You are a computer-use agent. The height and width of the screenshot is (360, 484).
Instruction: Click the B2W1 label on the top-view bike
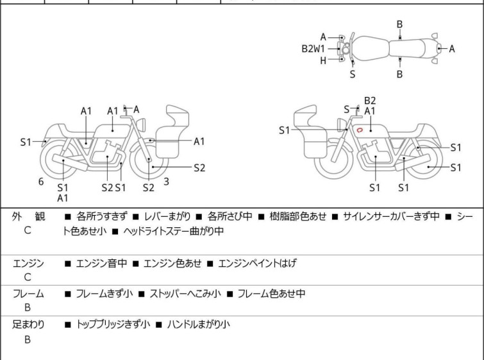pos(313,49)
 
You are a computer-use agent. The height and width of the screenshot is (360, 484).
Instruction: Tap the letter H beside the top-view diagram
pos(323,61)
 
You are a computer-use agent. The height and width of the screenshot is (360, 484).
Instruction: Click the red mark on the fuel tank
pos(359,130)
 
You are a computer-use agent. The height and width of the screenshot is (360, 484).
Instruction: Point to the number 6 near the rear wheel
pos(41,182)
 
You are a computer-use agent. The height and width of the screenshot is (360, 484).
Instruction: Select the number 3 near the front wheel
pos(167,182)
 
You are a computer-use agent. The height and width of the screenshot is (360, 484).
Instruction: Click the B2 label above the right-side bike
pos(370,101)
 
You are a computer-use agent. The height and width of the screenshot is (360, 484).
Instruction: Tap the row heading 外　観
pos(28,216)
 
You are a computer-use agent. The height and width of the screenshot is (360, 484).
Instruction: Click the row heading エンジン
pos(28,263)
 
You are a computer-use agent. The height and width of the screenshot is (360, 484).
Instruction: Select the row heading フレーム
pos(28,293)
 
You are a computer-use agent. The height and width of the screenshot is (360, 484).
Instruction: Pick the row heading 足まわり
pos(28,325)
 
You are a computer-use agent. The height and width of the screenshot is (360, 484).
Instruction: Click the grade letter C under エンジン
pos(28,277)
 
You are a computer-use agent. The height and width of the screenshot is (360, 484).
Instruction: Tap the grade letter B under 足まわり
pos(28,339)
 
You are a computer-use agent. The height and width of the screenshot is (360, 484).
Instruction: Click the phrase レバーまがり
pos(167,216)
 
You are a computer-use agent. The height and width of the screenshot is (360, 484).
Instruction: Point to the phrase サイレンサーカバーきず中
pos(391,216)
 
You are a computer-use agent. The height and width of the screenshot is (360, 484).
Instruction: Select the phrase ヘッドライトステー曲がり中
pos(174,231)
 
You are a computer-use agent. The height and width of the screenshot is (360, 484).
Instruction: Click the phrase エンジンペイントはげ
pos(258,263)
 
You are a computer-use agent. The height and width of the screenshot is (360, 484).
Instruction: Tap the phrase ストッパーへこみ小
pos(185,293)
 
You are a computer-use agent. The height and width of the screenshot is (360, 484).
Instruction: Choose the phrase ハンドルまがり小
pos(199,325)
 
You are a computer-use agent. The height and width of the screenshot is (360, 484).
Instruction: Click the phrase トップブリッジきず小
pos(113,325)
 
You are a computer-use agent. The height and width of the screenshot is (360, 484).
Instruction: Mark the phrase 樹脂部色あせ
pos(298,216)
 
